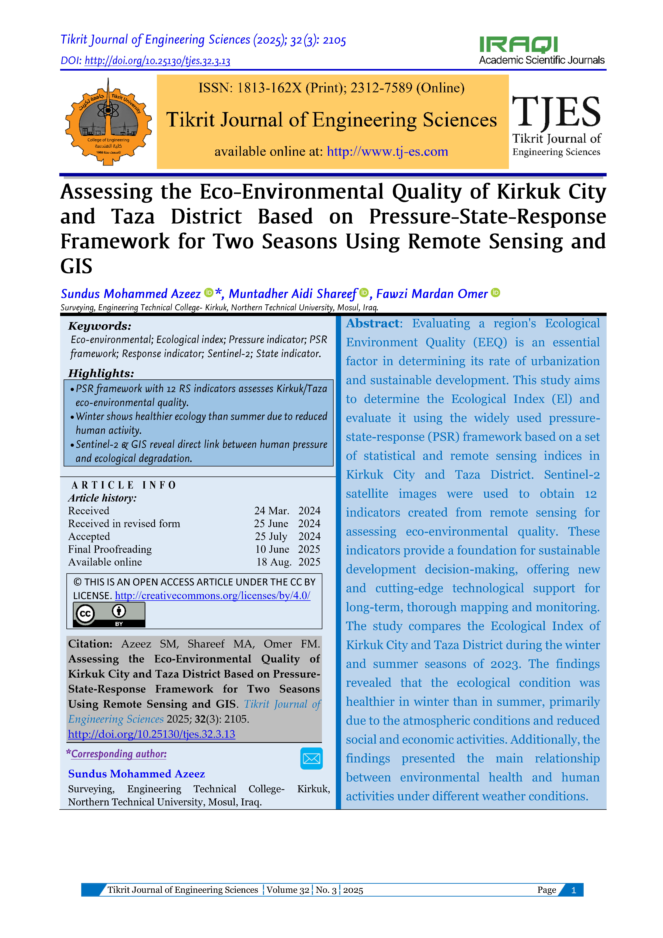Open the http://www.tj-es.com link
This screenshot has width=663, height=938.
[x=387, y=152]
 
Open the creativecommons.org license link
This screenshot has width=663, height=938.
[x=212, y=596]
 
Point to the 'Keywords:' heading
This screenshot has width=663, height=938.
[x=100, y=326]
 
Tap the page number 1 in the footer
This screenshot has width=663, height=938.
[x=574, y=890]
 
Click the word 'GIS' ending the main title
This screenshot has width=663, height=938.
[x=76, y=266]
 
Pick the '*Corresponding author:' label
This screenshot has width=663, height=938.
[x=116, y=754]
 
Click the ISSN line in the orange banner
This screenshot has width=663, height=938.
[x=331, y=88]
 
